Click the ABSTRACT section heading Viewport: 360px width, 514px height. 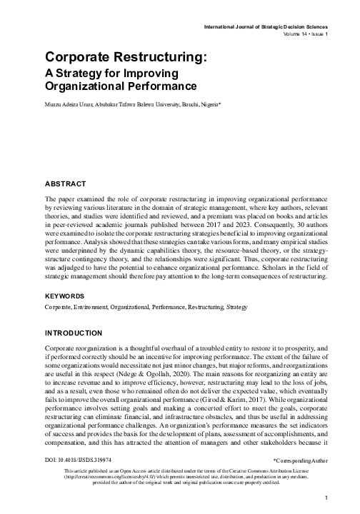pyautogui.click(x=66, y=183)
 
